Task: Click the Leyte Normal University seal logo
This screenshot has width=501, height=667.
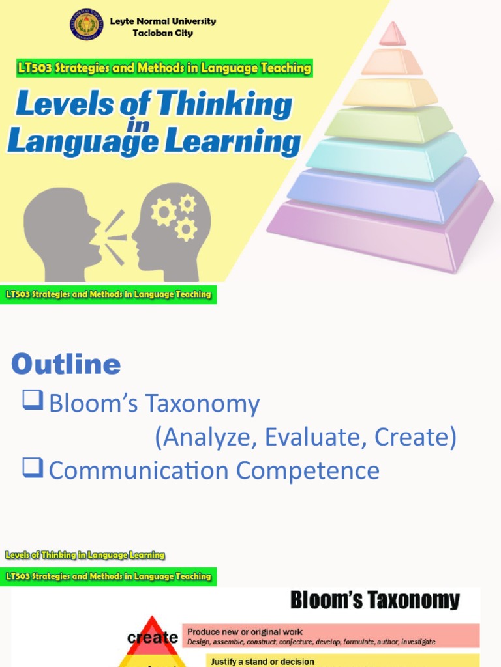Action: tap(87, 25)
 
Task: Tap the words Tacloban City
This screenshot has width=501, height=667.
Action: tap(162, 33)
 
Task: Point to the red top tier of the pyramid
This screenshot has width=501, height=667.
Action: tap(393, 35)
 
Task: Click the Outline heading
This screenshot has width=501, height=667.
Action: tap(66, 364)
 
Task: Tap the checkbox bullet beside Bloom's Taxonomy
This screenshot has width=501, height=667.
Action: tap(33, 402)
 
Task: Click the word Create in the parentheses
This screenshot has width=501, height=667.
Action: tap(415, 438)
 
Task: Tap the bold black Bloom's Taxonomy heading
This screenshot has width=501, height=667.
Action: tap(374, 600)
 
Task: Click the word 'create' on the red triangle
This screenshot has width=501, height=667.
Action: tap(153, 637)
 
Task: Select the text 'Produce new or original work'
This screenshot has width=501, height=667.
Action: tap(245, 632)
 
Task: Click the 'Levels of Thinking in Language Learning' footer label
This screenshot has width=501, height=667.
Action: tap(85, 555)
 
